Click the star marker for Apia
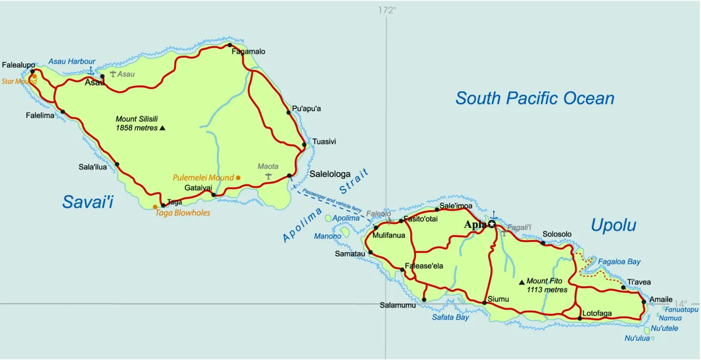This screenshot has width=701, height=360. tap(492, 224)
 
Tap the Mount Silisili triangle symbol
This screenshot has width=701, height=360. tap(162, 127)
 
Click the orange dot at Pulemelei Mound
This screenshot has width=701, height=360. tap(238, 177)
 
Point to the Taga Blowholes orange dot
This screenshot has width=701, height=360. tap(155, 206)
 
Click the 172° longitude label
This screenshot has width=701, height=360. tap(386, 10)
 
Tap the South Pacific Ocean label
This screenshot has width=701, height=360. tap(535, 98)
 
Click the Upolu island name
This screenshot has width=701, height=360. tap(613, 225)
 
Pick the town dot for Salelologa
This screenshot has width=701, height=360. tap(290, 175)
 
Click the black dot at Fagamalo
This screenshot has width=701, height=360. tap(230, 45)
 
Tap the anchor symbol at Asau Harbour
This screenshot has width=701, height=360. tap(91, 71)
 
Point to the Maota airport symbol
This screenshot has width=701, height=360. tap(268, 176)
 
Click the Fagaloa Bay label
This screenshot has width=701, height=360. tap(619, 262)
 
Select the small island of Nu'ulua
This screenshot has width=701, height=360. tap(647, 331)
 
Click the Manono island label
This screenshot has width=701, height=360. tap(327, 236)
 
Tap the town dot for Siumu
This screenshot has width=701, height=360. tap(484, 302)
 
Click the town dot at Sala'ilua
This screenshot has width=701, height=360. tap(117, 164)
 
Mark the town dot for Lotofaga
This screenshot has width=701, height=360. tap(579, 319)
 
